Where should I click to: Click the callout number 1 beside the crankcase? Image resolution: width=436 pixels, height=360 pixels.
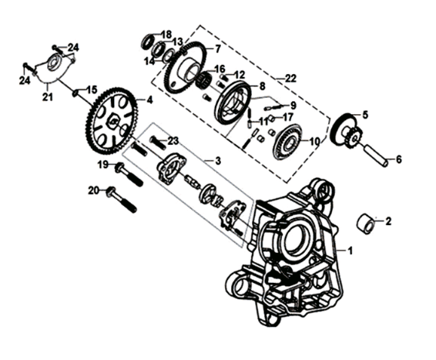tap(350, 251)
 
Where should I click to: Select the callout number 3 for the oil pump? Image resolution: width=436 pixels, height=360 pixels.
tap(217, 160)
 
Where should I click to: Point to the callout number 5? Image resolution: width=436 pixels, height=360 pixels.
tap(365, 115)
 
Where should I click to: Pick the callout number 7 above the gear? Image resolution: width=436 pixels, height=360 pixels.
tap(217, 49)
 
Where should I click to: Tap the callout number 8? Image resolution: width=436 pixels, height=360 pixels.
tap(262, 86)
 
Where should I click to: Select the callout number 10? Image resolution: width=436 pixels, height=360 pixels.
tap(314, 142)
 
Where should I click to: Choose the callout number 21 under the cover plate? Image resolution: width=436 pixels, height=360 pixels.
tap(47, 96)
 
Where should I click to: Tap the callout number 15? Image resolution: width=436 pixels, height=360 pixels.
tap(92, 89)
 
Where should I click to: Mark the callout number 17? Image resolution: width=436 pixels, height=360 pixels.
tap(287, 117)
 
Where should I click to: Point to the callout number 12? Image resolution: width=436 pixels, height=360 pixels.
tap(240, 74)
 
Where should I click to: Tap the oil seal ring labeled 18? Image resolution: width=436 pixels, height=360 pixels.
tap(149, 40)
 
